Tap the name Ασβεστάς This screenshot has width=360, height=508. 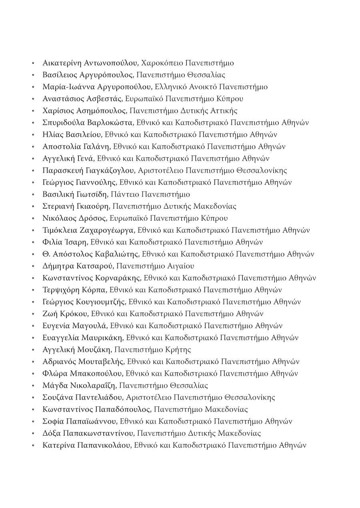[x=105, y=99]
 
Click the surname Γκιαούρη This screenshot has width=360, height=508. [x=93, y=207]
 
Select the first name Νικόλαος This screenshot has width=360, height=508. [x=58, y=219]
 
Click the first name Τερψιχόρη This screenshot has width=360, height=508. [x=61, y=290]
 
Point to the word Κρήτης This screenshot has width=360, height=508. [x=178, y=350]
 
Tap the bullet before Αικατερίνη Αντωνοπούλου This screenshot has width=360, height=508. [x=34, y=63]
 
